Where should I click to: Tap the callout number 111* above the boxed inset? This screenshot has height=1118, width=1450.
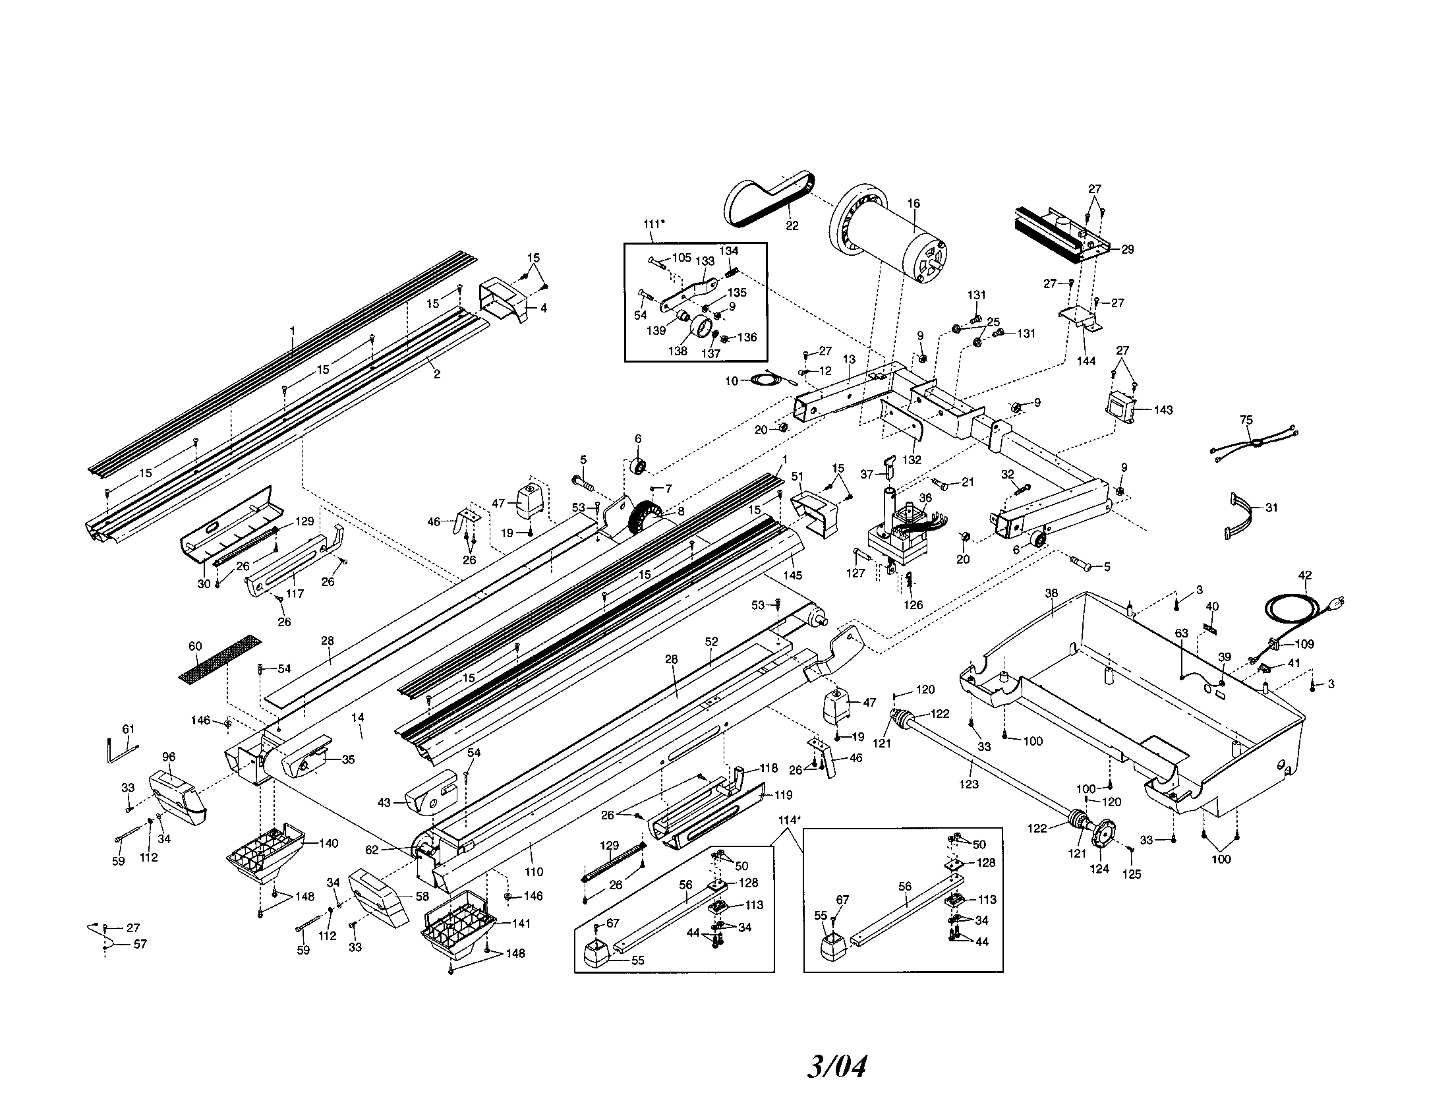pos(654,223)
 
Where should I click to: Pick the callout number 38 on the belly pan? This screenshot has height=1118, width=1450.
pos(1051,593)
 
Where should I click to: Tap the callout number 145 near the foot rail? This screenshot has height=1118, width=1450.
pos(793,575)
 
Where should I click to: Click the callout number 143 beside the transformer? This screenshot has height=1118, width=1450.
pos(1163,409)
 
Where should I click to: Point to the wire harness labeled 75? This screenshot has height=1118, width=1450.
pos(1251,442)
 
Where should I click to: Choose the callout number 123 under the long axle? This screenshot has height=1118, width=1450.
pos(969,784)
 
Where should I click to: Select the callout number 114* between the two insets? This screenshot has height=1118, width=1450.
pos(790,820)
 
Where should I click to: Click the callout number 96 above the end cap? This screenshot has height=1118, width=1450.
pos(169,756)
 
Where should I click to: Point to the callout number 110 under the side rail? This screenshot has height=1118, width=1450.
pos(534,871)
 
